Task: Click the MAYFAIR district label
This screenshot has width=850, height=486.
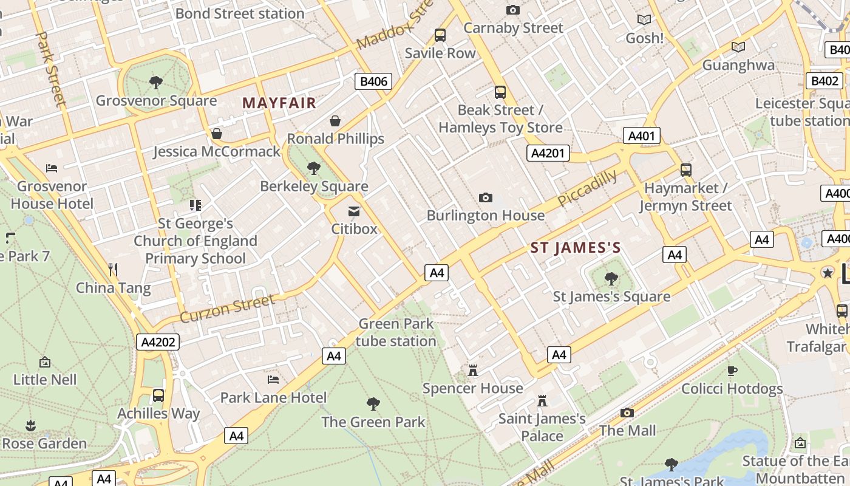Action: (279, 103)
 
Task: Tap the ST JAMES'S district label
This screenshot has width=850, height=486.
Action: (576, 247)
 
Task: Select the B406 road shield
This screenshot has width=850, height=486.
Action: (373, 81)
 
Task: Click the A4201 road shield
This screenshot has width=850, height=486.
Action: (548, 152)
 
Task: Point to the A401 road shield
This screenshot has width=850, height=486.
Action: (641, 135)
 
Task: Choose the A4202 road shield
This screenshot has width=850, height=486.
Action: (158, 342)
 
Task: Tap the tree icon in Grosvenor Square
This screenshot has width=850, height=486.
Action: (156, 82)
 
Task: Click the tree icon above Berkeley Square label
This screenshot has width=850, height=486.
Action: (314, 168)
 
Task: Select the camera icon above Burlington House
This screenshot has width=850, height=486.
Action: (485, 197)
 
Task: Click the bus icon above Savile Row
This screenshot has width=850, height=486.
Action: (440, 35)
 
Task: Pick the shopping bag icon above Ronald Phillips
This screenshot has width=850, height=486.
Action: (335, 121)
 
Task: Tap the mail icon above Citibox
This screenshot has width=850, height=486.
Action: (353, 211)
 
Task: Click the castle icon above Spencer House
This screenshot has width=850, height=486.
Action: (472, 370)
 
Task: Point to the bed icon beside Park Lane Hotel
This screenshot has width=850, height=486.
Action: (273, 380)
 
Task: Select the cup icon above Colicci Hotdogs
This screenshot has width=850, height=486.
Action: (732, 371)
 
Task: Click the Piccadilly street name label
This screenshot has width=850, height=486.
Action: (587, 188)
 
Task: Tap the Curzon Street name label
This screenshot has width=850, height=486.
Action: (228, 309)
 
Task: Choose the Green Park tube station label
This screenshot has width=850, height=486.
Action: (396, 332)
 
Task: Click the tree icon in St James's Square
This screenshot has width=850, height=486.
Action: (611, 279)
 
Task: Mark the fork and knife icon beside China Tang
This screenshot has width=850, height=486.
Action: (112, 269)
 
